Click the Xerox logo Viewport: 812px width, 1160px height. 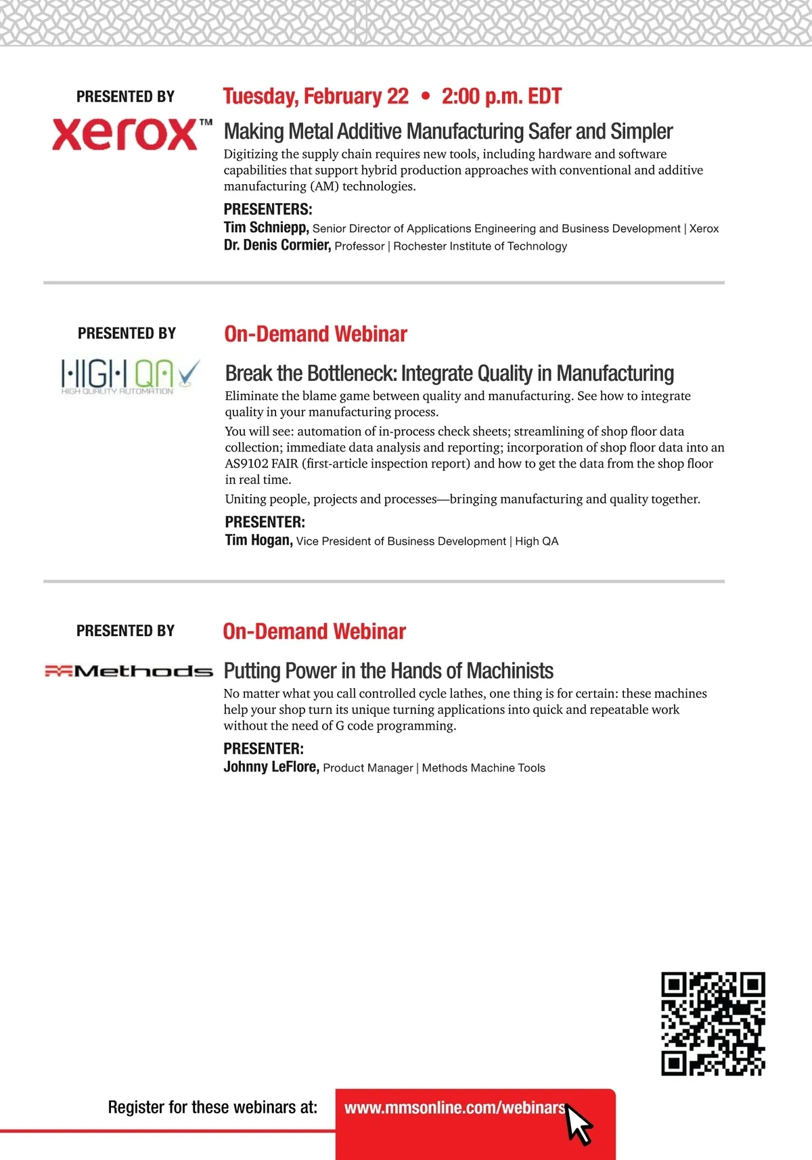coord(131,133)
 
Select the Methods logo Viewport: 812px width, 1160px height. coord(129,671)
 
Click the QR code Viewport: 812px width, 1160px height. coord(713,1024)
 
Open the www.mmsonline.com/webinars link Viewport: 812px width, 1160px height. coord(455,1108)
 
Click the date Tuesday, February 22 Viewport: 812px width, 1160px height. coord(316,97)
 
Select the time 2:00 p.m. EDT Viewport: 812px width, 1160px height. coord(501,97)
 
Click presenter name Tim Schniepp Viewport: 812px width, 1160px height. coord(266,227)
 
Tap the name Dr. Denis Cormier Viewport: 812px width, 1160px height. coord(277,245)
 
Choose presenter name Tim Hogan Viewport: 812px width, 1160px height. coord(258,540)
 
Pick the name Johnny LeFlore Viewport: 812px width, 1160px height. coord(271,767)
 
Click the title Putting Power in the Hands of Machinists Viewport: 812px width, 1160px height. coord(388,671)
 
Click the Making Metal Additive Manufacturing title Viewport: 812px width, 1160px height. coord(448,131)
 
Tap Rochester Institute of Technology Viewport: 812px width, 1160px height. coord(480,246)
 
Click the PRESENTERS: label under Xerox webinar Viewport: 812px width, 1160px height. coord(268,209)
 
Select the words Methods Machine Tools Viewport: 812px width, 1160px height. coord(483,768)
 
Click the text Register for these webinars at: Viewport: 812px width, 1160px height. coord(212,1107)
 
